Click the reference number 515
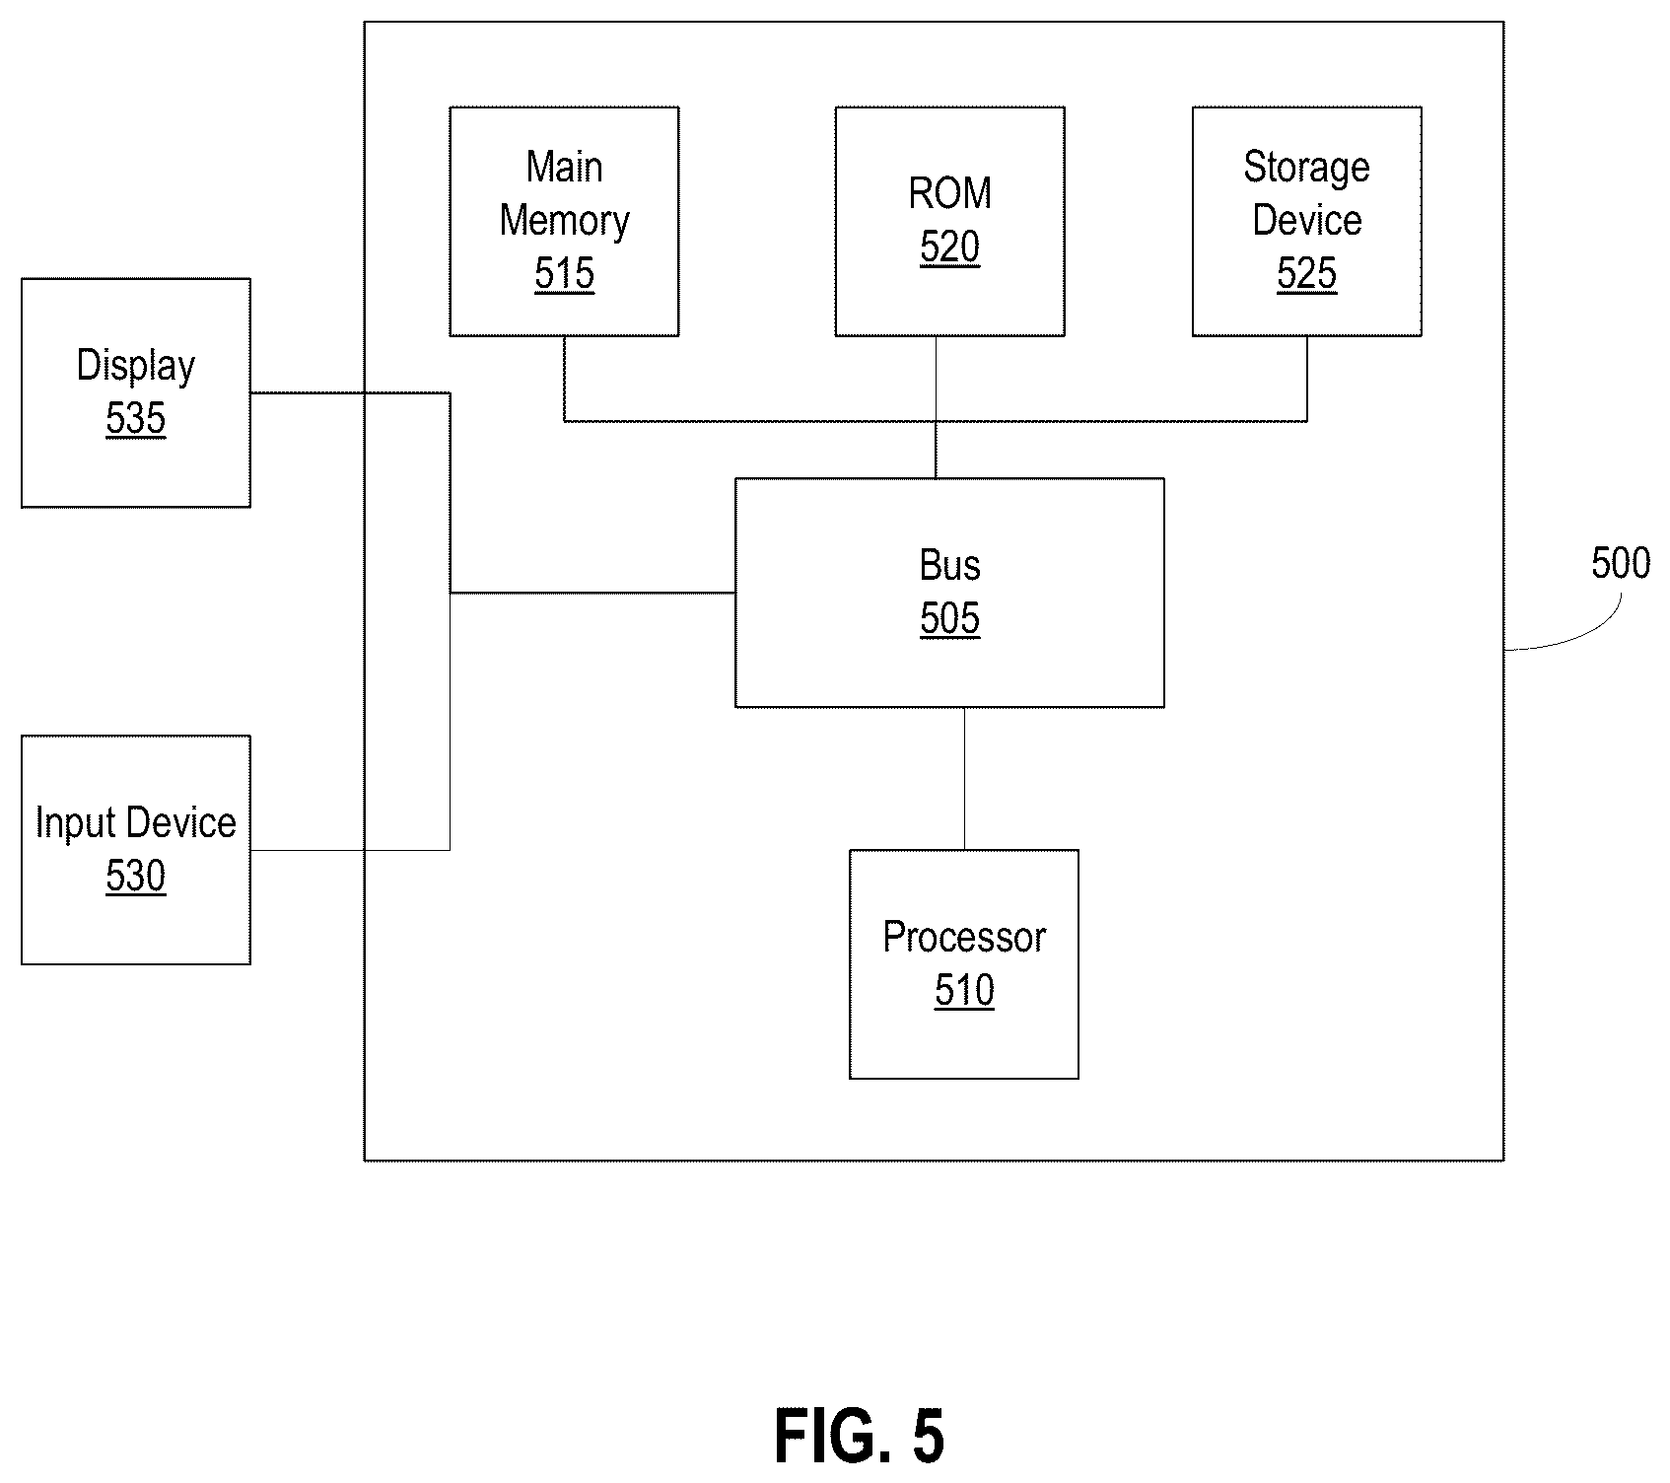(x=565, y=273)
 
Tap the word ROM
(x=949, y=193)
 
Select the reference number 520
(x=949, y=247)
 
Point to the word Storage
(x=1306, y=169)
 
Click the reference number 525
(x=1306, y=273)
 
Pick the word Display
(x=136, y=367)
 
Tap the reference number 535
(x=136, y=418)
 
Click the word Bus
(x=949, y=565)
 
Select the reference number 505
(x=949, y=618)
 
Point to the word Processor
(x=964, y=937)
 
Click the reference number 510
(x=964, y=990)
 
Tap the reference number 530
(x=136, y=876)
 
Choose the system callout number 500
(x=1621, y=563)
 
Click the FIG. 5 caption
(x=859, y=1436)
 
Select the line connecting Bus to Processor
(x=964, y=778)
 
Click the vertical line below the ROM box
(x=936, y=407)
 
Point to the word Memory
(x=565, y=222)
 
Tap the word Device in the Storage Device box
(x=1306, y=220)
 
